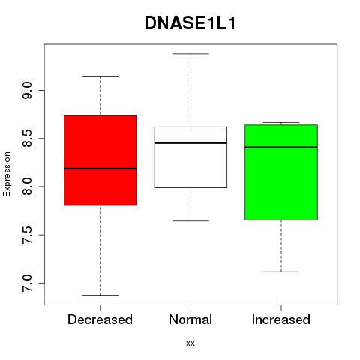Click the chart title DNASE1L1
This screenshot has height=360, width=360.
coord(190,23)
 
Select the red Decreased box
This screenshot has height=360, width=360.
coord(100,160)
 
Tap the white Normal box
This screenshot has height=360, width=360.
coord(190,157)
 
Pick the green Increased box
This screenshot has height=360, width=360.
coord(281,172)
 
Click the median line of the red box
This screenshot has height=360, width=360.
coord(100,169)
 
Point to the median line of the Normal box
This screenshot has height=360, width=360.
coord(190,143)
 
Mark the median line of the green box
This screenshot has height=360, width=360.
coord(281,147)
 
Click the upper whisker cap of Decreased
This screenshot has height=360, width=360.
coord(100,76)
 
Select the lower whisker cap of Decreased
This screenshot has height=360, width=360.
coord(100,295)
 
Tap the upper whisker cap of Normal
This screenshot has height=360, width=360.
coord(190,54)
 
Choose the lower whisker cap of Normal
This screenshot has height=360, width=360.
coord(190,221)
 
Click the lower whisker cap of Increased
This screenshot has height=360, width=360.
coord(281,271)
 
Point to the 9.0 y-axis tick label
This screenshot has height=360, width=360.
coord(27,91)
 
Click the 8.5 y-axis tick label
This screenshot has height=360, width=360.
coord(27,139)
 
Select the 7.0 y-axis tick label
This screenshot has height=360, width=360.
coord(27,283)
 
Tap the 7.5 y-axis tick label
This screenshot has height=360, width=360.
coord(27,235)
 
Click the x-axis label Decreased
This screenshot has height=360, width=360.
coord(100,319)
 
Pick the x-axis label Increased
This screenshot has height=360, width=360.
coord(281,319)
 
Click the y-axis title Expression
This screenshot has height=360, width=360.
coord(7,174)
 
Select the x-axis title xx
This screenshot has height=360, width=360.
coord(190,343)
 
